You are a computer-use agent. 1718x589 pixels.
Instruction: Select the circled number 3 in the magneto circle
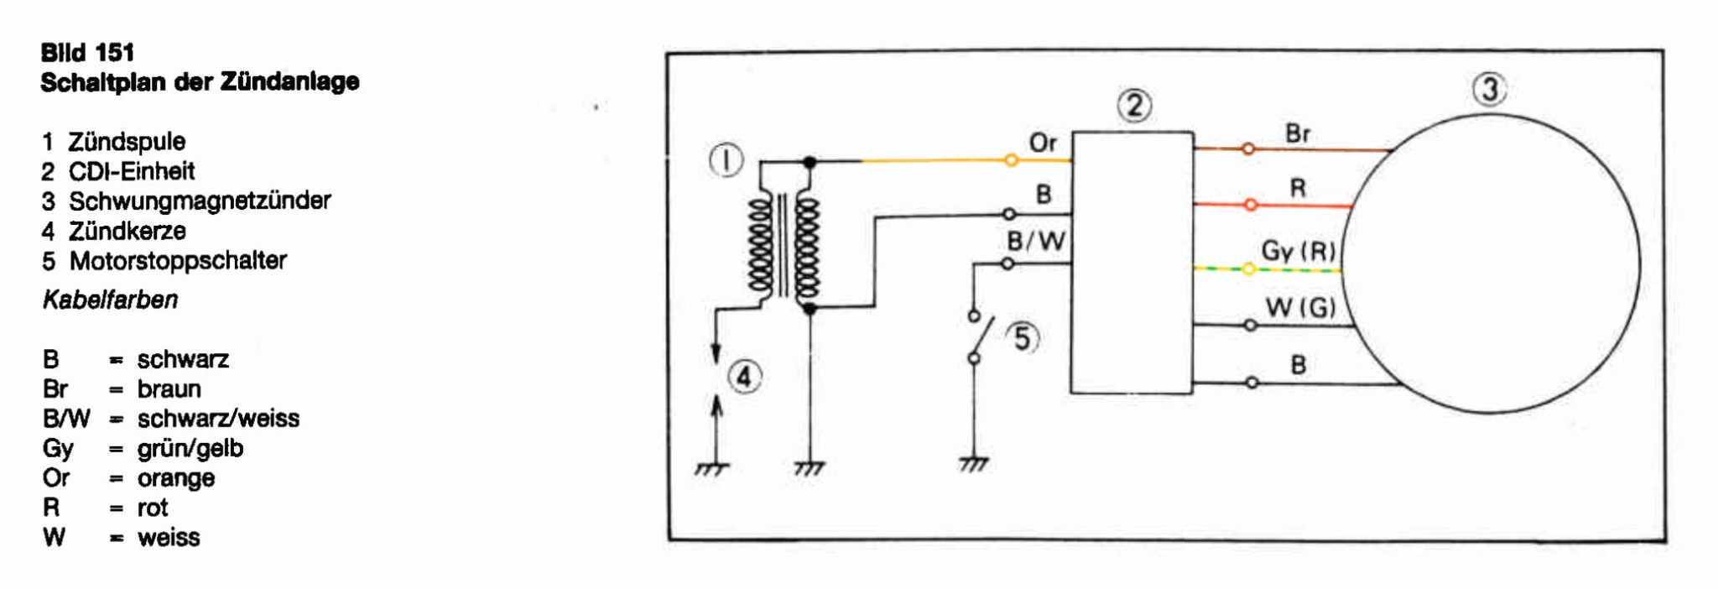[1490, 90]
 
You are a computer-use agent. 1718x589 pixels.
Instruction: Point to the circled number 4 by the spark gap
[745, 377]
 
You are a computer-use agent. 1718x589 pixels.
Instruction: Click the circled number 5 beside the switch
[1023, 339]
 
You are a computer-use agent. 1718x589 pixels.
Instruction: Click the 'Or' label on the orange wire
[1043, 143]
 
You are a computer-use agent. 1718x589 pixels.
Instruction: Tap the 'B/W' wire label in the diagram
[1036, 242]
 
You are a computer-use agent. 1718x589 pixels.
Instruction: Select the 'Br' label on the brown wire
[1298, 134]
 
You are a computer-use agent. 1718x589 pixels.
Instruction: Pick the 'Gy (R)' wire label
[1298, 252]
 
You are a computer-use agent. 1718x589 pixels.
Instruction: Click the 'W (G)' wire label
[1300, 309]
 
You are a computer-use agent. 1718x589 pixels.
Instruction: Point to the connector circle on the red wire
[1251, 205]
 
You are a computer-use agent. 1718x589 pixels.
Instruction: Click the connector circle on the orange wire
[1012, 159]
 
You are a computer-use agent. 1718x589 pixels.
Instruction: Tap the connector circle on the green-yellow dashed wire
[1249, 269]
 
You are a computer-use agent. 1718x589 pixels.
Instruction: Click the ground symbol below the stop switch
[973, 463]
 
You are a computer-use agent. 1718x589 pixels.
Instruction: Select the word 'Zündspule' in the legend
[127, 142]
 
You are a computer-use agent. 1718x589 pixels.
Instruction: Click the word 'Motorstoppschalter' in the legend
[178, 261]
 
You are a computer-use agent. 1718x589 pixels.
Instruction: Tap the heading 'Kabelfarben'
[110, 300]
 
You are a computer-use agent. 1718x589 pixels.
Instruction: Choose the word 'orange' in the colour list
[176, 478]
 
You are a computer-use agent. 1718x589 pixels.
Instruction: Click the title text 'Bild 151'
[87, 53]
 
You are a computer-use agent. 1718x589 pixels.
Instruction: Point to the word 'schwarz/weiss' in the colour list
[218, 419]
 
